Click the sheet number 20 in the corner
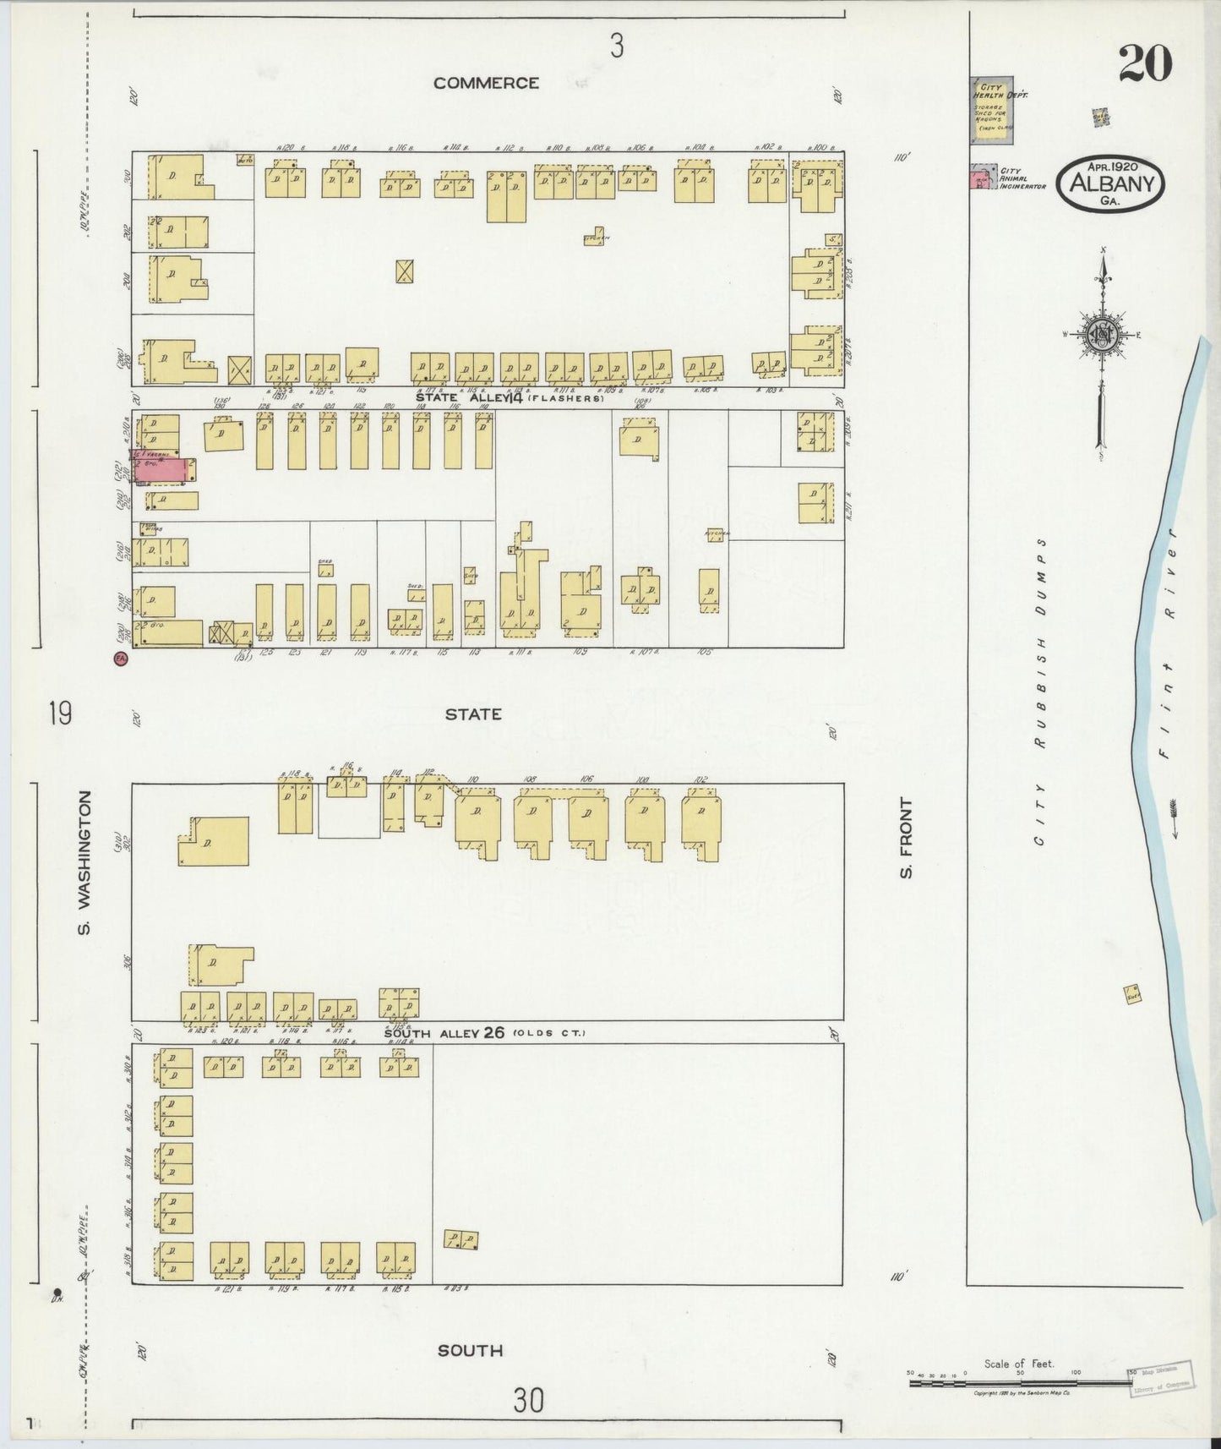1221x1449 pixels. [1145, 63]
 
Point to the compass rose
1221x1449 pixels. [1101, 334]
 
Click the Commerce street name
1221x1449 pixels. [486, 83]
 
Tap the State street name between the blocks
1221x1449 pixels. [473, 714]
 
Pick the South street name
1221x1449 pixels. [470, 1351]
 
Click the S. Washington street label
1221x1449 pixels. [84, 862]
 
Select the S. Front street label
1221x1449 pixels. [907, 837]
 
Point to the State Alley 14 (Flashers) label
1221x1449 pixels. [510, 396]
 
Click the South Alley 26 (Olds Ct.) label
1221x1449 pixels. [484, 1033]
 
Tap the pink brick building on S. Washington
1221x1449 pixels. [165, 470]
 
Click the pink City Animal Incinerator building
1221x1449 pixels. [982, 180]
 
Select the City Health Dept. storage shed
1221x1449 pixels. [992, 111]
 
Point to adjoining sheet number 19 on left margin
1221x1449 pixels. [60, 714]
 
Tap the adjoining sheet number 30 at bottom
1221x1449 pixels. [528, 1401]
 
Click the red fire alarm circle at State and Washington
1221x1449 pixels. [120, 659]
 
